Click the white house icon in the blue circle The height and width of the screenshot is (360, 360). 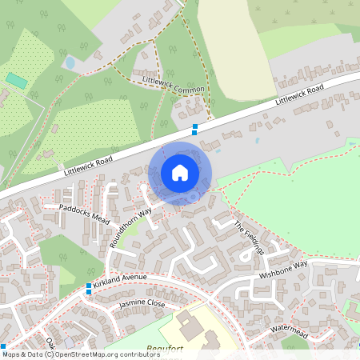(180, 173)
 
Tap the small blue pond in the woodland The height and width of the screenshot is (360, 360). (69, 62)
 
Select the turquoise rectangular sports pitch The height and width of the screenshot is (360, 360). (16, 81)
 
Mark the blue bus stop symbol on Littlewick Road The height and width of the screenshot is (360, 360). (194, 129)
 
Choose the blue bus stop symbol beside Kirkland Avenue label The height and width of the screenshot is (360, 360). (89, 286)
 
